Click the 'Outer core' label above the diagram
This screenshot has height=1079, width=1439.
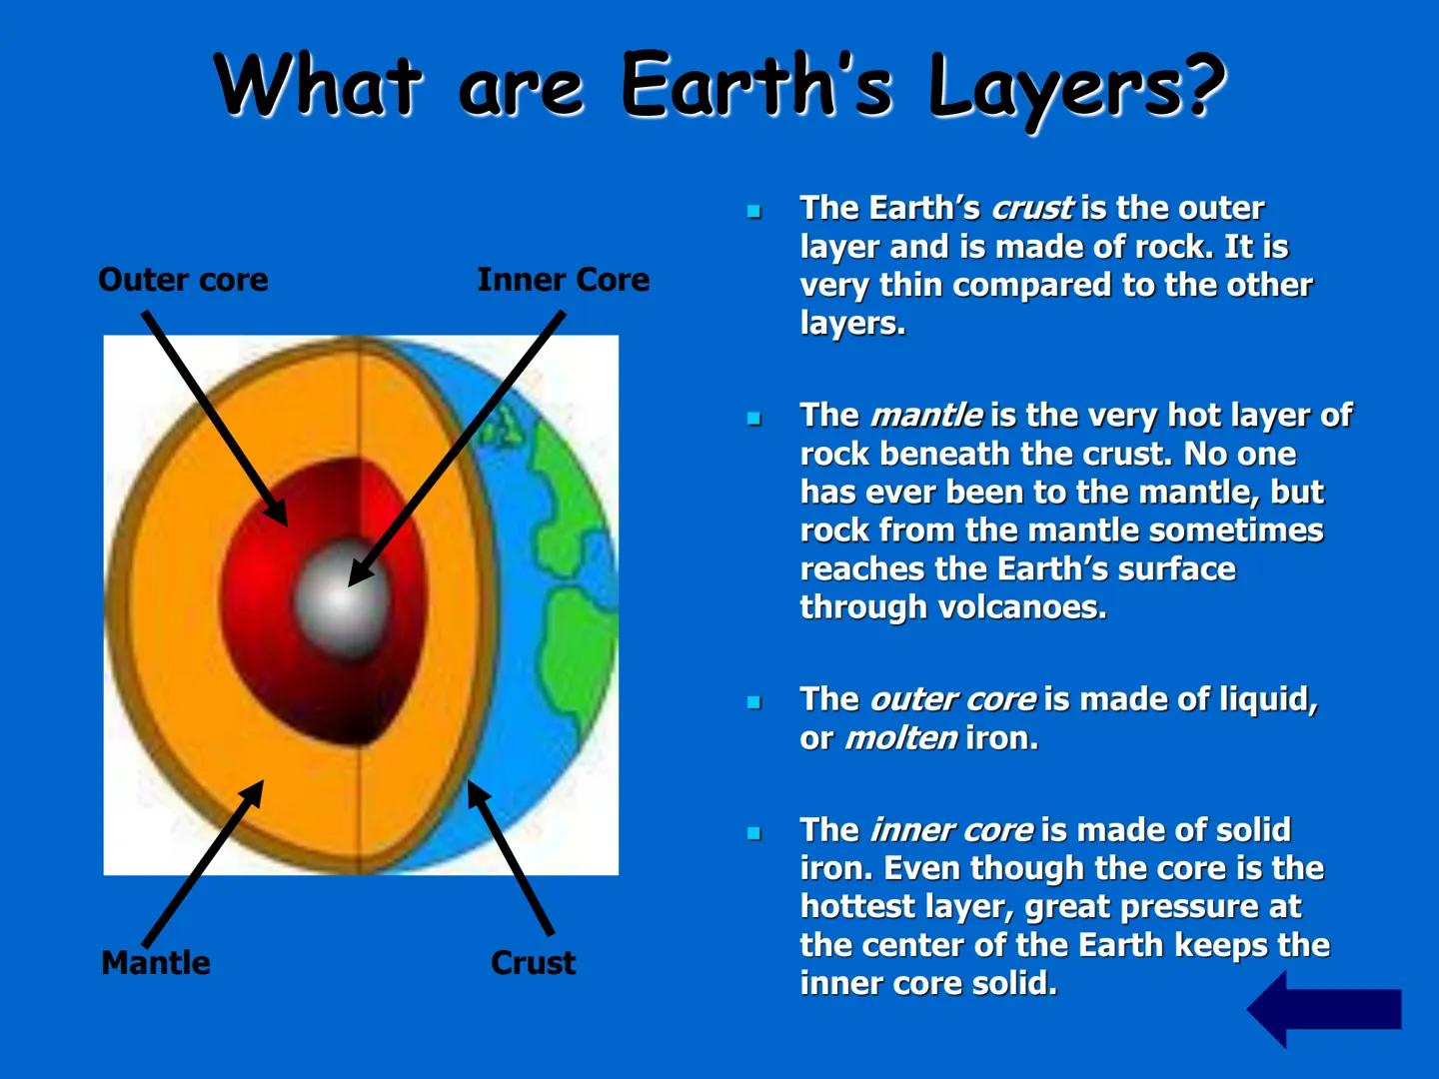183,280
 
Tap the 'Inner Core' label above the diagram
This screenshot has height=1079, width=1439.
563,280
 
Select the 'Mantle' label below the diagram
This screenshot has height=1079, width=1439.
156,963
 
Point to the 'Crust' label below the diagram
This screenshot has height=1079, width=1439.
533,963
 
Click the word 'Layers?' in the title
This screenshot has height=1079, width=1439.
1076,86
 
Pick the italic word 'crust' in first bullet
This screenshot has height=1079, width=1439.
1032,208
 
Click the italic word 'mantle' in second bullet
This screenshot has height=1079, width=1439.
925,415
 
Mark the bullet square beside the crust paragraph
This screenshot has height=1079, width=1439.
754,211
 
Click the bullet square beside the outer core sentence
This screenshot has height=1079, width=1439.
754,702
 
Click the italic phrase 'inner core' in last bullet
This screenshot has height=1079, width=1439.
951,830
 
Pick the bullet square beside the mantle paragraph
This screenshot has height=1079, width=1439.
754,419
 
